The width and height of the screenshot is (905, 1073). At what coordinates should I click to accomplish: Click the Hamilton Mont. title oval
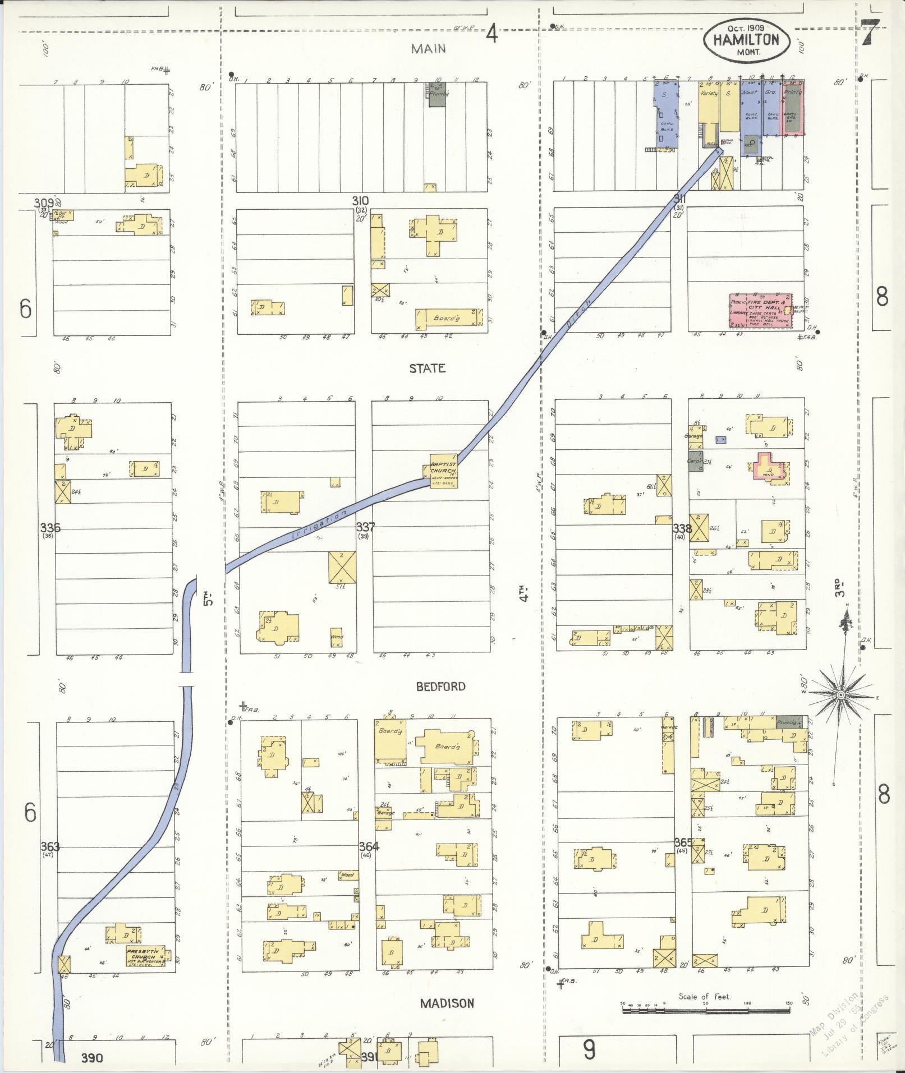(746, 40)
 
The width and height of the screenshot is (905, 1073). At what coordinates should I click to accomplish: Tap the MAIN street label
(428, 49)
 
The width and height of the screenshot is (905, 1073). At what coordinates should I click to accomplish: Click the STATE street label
(428, 369)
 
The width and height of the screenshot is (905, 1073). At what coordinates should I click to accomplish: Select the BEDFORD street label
(441, 687)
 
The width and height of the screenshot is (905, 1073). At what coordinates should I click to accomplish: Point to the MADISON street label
(447, 1003)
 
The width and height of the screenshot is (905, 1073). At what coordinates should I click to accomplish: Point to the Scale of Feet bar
(705, 1010)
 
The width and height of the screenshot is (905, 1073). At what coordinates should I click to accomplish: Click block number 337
(365, 527)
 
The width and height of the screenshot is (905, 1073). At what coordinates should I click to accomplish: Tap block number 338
(682, 528)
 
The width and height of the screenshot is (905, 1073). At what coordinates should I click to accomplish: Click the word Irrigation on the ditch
(319, 524)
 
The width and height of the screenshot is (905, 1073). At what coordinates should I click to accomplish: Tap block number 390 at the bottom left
(91, 1058)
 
